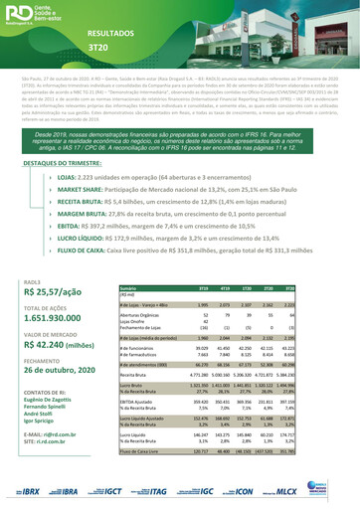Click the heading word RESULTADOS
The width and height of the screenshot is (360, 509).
click(110, 33)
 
